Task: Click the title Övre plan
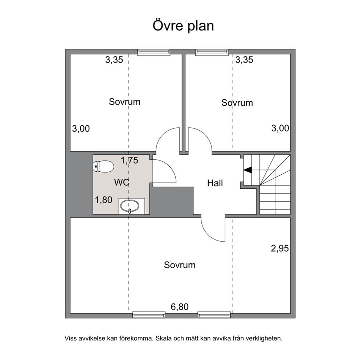[183, 26]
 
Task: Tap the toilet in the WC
[103, 167]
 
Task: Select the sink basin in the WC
[130, 206]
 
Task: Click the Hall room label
[215, 183]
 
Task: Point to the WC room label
[122, 183]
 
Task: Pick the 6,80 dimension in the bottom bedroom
[180, 307]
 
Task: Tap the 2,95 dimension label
[280, 249]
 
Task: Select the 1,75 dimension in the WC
[130, 160]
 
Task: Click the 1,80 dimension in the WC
[103, 200]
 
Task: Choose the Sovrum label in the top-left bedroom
[125, 102]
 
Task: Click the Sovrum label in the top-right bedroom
[237, 103]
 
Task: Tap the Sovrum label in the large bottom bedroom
[180, 265]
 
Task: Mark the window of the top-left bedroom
[154, 52]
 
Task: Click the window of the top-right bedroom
[212, 52]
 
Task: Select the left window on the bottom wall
[149, 315]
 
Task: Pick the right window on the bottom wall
[214, 315]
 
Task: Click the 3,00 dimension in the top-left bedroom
[81, 128]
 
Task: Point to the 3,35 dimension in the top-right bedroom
[244, 60]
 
